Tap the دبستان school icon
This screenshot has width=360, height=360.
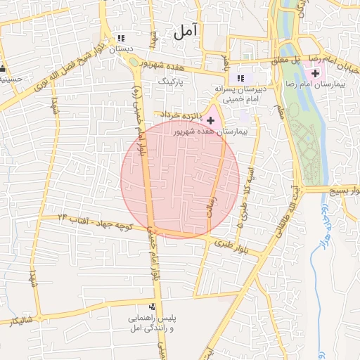121,39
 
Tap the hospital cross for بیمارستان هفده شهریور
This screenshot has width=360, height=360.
210,121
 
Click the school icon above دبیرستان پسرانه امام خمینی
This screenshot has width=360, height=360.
240,78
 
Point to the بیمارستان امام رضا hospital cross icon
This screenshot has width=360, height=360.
315,73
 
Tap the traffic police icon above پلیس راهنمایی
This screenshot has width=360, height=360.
151,307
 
